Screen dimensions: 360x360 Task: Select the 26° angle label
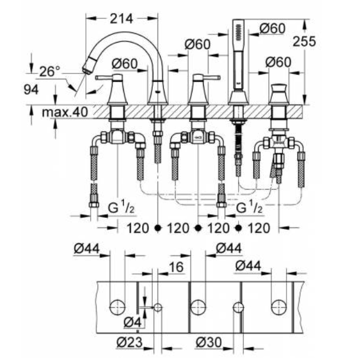(x=50, y=72)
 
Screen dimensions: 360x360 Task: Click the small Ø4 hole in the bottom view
(x=158, y=308)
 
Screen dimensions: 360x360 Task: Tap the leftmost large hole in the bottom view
(x=117, y=307)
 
